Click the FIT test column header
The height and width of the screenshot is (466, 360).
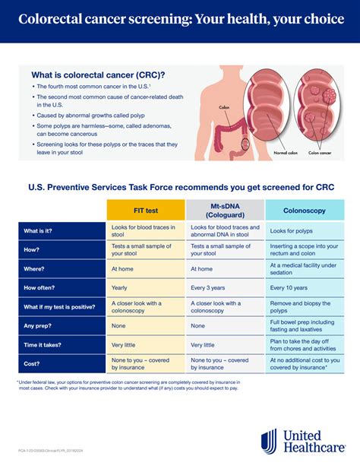pos(145,210)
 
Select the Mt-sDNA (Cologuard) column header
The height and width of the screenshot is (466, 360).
pos(225,210)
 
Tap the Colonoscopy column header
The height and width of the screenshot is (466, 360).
pos(304,210)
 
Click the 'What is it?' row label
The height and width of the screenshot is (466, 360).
pos(43,231)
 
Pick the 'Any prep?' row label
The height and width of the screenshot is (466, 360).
pos(39,325)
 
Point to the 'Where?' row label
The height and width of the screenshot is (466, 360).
pos(36,269)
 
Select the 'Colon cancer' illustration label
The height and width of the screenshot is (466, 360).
pos(320,153)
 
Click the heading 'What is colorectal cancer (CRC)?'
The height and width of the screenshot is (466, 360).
pos(98,74)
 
